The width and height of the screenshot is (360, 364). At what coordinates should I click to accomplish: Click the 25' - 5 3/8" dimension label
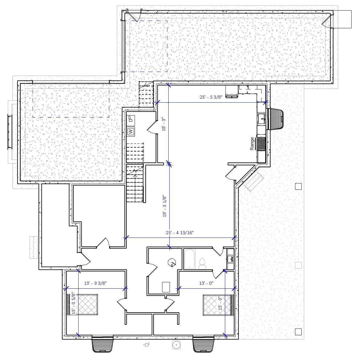[211, 97]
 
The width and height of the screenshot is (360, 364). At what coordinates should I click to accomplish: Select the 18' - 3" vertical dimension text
[164, 124]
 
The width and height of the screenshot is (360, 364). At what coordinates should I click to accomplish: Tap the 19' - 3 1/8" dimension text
[164, 206]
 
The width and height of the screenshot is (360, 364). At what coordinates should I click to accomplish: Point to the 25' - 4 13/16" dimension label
[180, 233]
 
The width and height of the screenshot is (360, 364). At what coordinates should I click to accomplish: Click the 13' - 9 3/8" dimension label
[95, 283]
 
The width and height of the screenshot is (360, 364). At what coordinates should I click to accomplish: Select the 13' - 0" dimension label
[206, 283]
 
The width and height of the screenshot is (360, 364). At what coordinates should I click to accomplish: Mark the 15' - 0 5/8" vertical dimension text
[73, 303]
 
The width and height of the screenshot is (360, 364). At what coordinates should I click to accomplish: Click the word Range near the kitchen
[252, 144]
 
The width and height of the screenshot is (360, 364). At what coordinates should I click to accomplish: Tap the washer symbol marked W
[131, 132]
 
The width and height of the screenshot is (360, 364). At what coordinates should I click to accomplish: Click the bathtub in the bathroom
[190, 259]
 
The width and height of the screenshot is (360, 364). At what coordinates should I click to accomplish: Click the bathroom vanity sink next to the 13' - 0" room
[230, 259]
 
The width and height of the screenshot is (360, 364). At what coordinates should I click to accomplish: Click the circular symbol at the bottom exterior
[176, 345]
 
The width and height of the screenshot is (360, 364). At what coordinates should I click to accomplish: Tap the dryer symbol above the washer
[131, 119]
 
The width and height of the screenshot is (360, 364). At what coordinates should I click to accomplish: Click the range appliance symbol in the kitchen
[261, 144]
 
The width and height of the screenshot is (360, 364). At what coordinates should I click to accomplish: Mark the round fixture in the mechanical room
[172, 263]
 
